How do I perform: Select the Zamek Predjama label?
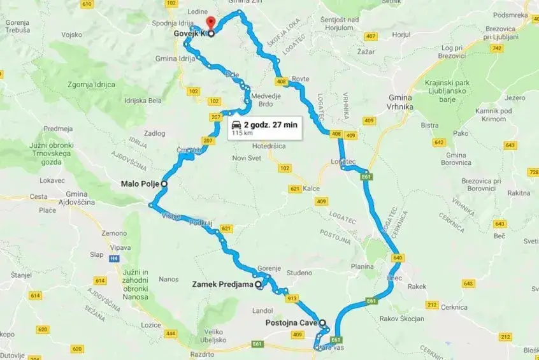coord(222,285)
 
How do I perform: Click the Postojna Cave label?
coord(291,323)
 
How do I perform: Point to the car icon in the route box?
coord(236,125)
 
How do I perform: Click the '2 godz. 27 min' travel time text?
coord(270,125)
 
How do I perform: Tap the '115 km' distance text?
coord(241,134)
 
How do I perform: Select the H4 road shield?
coord(113,259)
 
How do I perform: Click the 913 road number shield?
coord(292,298)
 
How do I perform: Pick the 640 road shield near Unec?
coord(399,257)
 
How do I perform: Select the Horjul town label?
coord(402,36)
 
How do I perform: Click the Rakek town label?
coord(417,287)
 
